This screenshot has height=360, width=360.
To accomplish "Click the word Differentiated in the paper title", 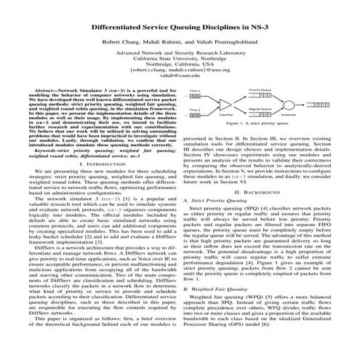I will tap(121, 25).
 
